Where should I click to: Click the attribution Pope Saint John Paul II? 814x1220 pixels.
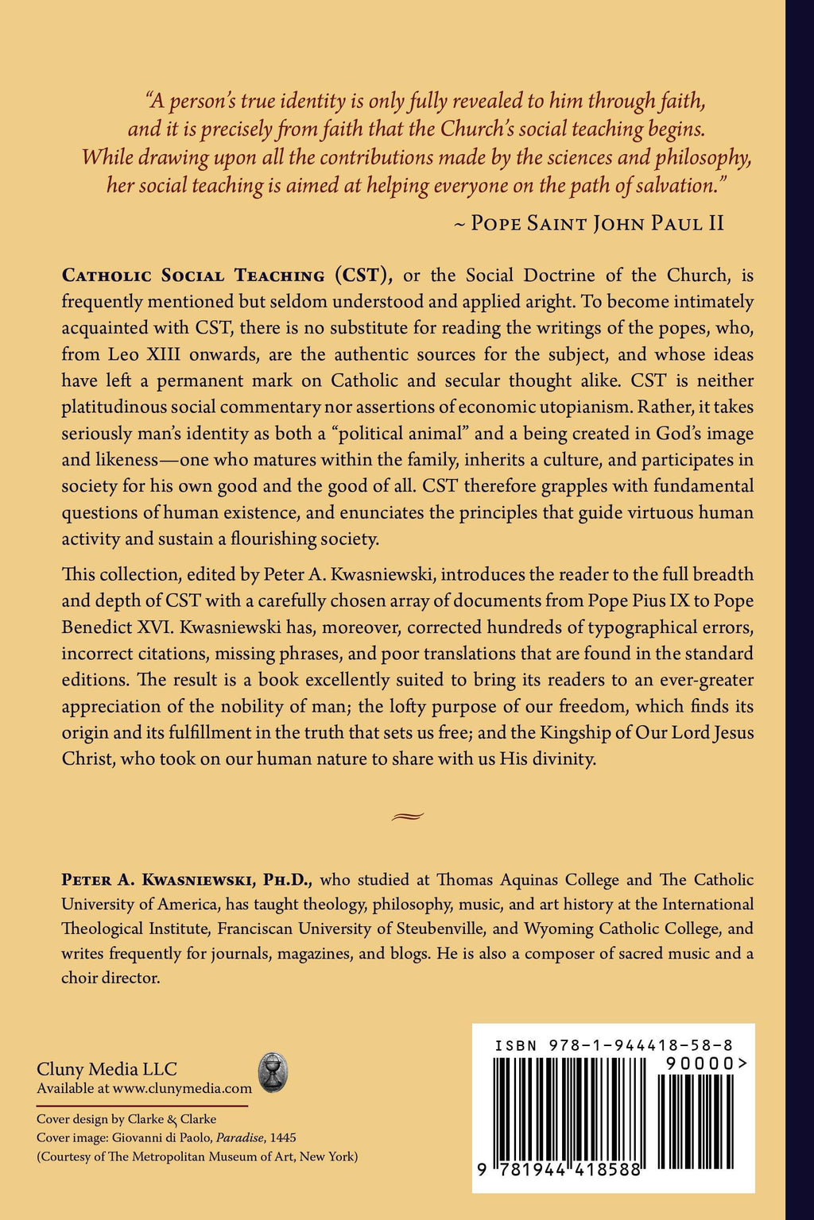[597, 223]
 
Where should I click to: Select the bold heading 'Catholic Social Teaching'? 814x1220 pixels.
[193, 276]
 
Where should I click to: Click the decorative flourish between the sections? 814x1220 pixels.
[408, 815]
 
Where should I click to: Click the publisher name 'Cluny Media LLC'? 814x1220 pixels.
[107, 1069]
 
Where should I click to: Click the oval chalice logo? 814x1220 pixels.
[273, 1072]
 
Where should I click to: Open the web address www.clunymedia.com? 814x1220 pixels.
[182, 1089]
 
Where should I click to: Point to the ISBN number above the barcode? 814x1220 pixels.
[614, 1045]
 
